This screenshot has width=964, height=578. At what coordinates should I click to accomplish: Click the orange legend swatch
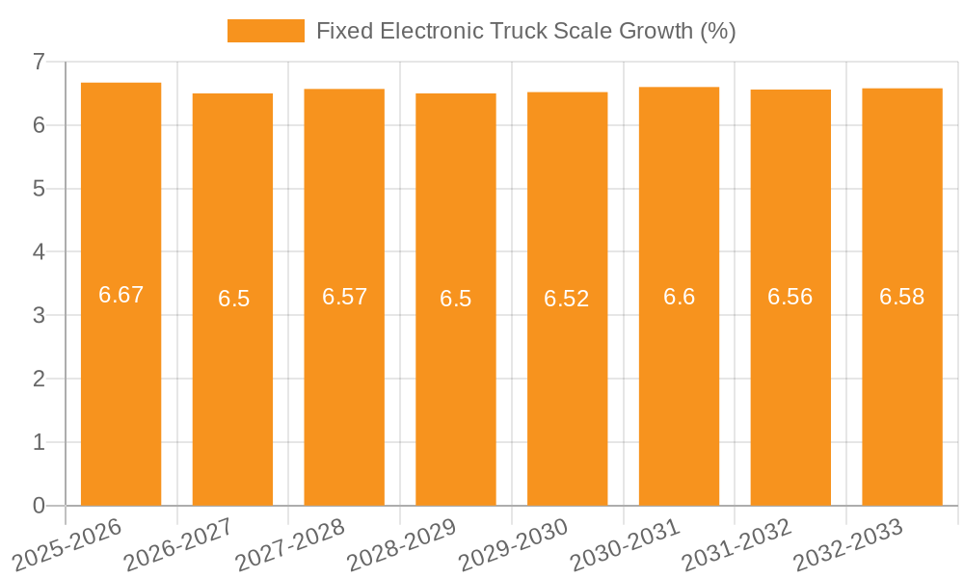[x=265, y=31]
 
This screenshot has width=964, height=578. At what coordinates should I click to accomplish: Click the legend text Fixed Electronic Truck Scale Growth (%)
[x=525, y=31]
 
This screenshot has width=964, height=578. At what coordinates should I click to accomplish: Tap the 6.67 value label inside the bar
[x=120, y=295]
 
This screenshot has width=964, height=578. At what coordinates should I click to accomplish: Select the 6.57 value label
[x=344, y=297]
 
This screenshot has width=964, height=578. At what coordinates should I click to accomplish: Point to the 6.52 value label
[x=566, y=299]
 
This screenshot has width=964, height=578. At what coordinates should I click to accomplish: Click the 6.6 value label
[x=679, y=297]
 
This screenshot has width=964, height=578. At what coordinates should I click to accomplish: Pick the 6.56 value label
[x=790, y=297]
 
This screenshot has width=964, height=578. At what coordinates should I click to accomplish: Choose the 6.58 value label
[x=901, y=297]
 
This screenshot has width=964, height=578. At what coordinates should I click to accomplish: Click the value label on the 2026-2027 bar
[x=233, y=299]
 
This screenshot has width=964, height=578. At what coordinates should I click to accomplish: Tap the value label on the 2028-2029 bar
[x=455, y=299]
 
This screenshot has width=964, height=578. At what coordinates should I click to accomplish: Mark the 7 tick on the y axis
[x=39, y=62]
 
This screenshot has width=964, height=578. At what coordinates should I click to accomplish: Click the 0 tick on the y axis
[x=39, y=506]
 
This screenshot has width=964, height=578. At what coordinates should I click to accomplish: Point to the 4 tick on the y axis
[x=39, y=252]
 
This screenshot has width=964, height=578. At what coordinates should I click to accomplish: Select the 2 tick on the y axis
[x=39, y=379]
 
